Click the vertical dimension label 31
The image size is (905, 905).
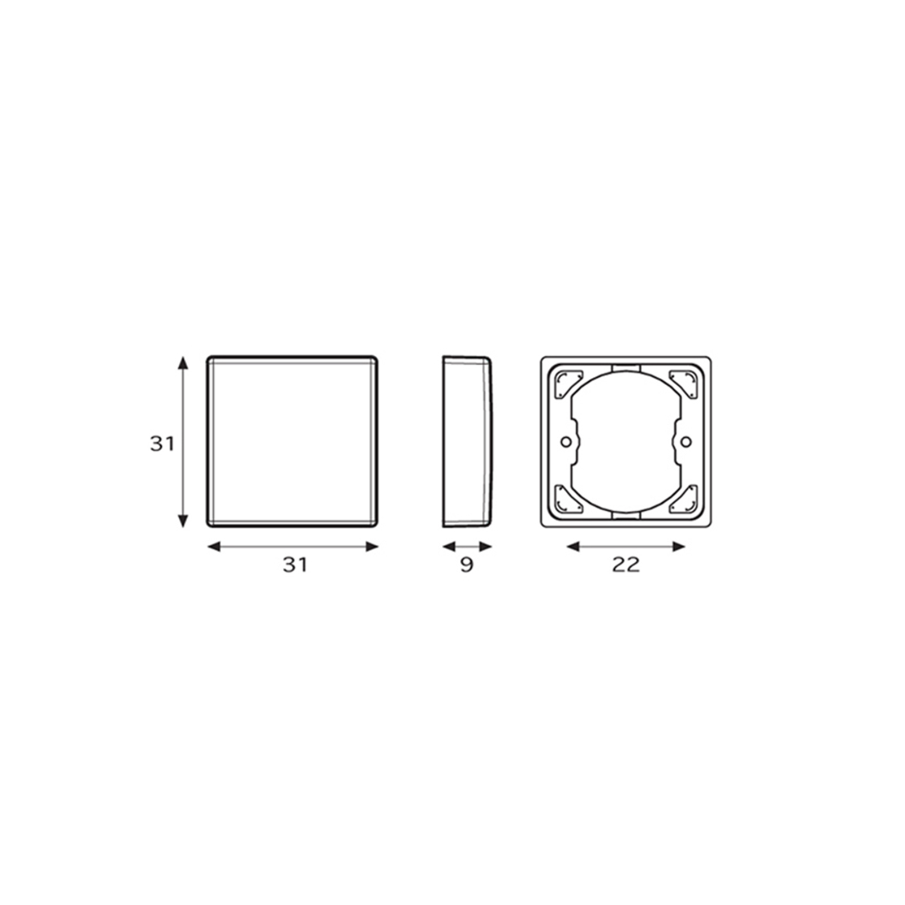(162, 443)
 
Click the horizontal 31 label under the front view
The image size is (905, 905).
(295, 564)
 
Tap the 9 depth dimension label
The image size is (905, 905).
(467, 564)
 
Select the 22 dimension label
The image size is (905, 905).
(626, 564)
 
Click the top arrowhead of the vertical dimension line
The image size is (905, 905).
(183, 363)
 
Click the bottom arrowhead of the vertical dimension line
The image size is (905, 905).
(183, 521)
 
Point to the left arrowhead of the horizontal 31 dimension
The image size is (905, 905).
(214, 546)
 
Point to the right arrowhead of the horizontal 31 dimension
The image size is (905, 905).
(372, 546)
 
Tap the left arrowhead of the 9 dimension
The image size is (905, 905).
(449, 546)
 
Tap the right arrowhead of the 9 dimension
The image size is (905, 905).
(485, 546)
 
